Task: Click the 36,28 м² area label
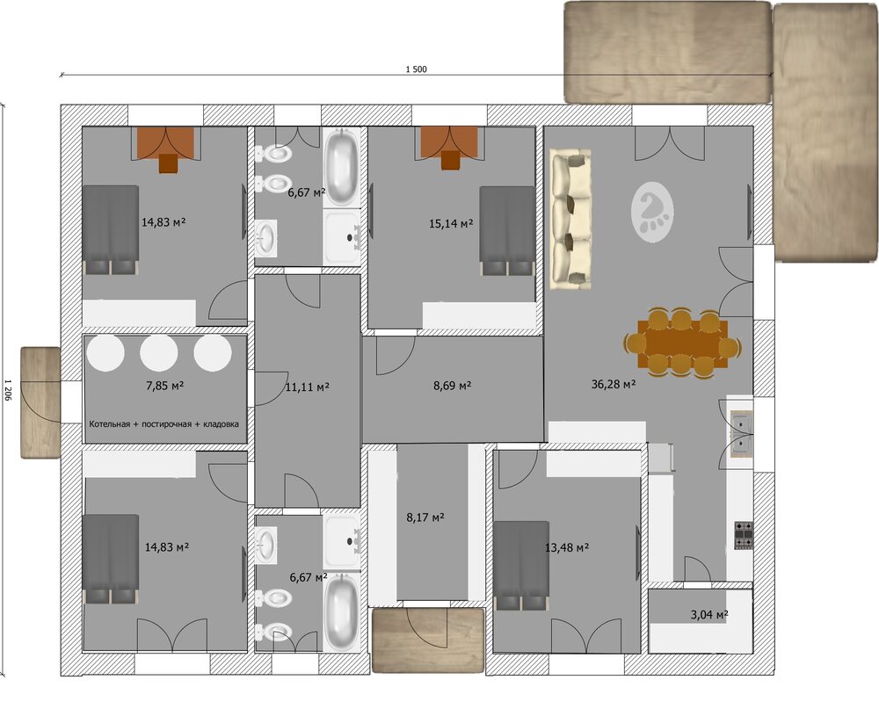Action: pos(614,384)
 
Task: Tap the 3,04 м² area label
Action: pos(709,615)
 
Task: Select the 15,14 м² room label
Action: pos(451,223)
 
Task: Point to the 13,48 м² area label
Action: pos(567,547)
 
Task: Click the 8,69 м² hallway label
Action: pos(452,386)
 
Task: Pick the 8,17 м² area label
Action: pos(425,517)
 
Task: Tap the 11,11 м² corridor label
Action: pos(307,387)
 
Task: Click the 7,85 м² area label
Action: pos(165,386)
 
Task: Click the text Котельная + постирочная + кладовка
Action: pos(163,424)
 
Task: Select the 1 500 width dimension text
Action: pos(416,69)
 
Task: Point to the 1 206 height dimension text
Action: pos(8,389)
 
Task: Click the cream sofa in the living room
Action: pos(570,219)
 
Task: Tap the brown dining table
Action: pos(682,343)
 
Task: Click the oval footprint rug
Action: pos(652,213)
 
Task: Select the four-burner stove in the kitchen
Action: pos(744,536)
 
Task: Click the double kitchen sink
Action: pos(741,434)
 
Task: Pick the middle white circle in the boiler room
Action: pos(158,353)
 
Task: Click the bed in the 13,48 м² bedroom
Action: pos(521,565)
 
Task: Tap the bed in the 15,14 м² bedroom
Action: pos(507,231)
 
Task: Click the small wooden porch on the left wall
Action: pos(40,402)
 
